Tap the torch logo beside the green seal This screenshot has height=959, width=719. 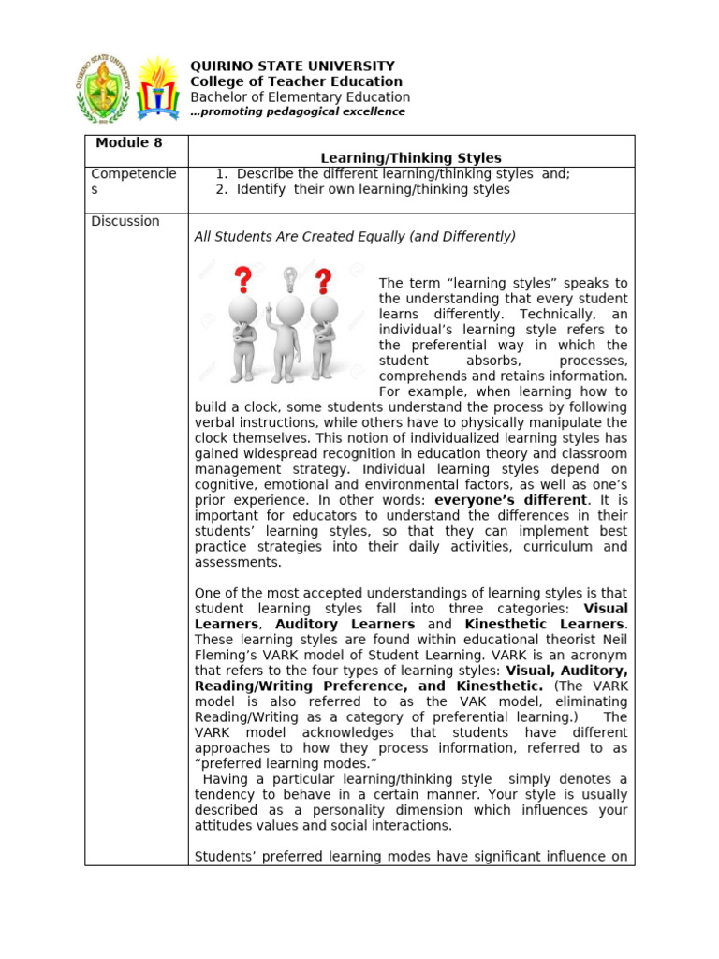pos(157,88)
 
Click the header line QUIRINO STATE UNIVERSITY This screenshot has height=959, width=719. pos(292,66)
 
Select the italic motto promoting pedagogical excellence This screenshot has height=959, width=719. pos(298,111)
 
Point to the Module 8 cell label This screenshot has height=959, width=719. pos(123,143)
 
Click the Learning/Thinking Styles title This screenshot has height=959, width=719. pos(411,158)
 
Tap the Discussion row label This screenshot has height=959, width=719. pos(125,222)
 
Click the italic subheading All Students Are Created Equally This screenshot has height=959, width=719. pos(355,237)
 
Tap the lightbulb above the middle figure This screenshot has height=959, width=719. pos(290,278)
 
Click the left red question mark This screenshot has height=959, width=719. pos(243,279)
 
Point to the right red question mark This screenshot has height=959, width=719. pos(324,281)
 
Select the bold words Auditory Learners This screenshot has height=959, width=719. pos(345,624)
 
